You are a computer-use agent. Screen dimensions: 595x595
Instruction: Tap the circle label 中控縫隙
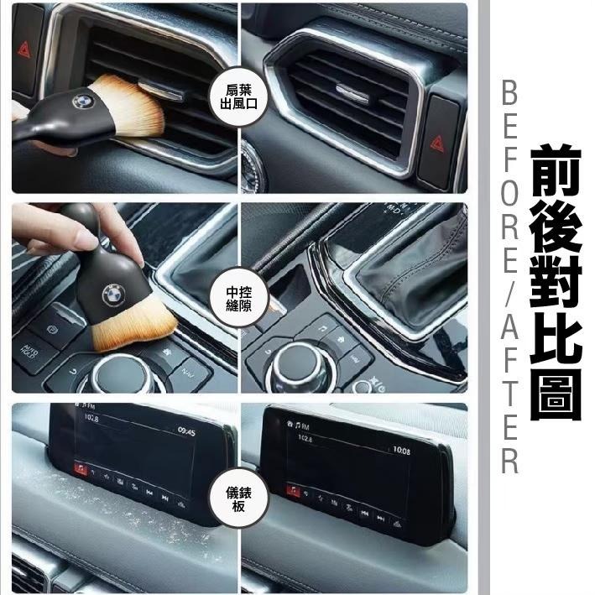[x=241, y=298]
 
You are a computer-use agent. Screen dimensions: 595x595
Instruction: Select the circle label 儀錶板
[x=241, y=498]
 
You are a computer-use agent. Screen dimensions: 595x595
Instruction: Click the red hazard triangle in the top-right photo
[x=439, y=143]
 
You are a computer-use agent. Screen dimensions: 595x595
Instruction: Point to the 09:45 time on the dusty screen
[x=186, y=431]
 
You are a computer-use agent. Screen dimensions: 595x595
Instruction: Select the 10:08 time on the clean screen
[x=401, y=451]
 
